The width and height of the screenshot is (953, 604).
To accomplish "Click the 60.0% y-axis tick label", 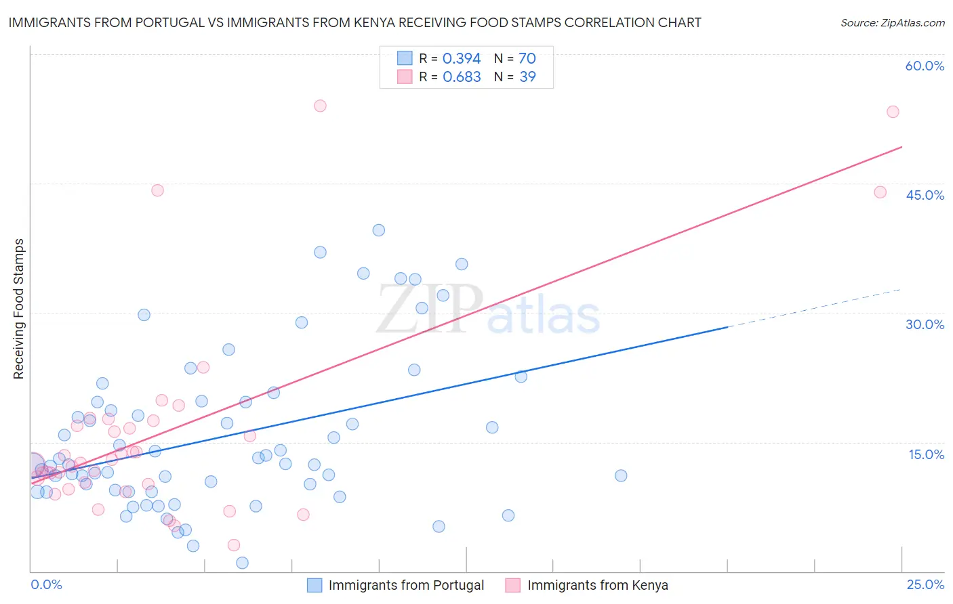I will click(x=925, y=66).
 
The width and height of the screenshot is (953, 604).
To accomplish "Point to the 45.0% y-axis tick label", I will click(x=925, y=195).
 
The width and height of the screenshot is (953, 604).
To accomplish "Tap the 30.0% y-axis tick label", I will click(x=925, y=324).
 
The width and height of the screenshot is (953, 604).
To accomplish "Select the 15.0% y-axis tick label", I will click(x=926, y=454).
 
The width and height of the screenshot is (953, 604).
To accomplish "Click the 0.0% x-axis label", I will click(x=46, y=584).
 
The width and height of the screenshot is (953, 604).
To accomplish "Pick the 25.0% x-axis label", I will click(x=925, y=584).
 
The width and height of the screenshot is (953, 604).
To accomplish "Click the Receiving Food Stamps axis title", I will click(x=18, y=309).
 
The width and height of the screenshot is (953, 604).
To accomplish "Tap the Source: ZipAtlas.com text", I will click(x=892, y=22).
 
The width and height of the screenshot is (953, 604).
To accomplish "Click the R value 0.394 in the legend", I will click(x=462, y=58).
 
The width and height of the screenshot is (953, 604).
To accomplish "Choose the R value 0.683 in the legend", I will click(x=462, y=77).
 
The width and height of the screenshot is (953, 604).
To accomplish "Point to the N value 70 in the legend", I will click(x=527, y=58).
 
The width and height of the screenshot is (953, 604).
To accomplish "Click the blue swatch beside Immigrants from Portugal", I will click(x=315, y=585).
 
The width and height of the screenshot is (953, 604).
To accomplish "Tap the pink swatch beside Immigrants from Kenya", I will click(x=513, y=585).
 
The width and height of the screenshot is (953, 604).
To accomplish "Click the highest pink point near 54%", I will click(x=320, y=106).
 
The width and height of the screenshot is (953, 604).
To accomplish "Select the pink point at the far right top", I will click(x=893, y=112).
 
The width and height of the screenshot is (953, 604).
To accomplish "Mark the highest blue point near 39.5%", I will click(x=379, y=230).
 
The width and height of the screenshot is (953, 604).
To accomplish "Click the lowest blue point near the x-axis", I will click(x=242, y=563).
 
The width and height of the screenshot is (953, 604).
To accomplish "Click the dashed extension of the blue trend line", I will click(x=813, y=308).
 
